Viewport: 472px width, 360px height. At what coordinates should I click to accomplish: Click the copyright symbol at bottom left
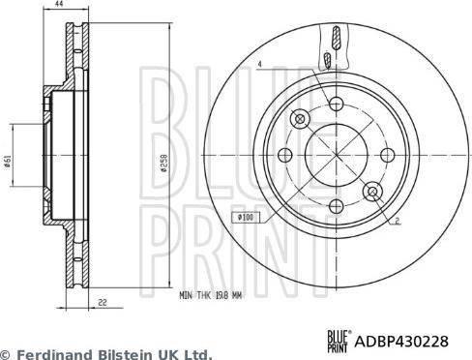pyautogui.click(x=7, y=354)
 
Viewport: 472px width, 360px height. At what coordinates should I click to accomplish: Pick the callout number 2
pyautogui.click(x=397, y=221)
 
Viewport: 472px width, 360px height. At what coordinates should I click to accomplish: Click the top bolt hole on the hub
pyautogui.click(x=335, y=105)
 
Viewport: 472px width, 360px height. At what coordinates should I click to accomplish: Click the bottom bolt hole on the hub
pyautogui.click(x=335, y=205)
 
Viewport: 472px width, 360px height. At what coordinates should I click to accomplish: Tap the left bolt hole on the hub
pyautogui.click(x=284, y=155)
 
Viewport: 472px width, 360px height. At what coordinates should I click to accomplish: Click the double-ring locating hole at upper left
pyautogui.click(x=300, y=119)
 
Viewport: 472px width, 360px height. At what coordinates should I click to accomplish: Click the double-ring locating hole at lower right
pyautogui.click(x=370, y=191)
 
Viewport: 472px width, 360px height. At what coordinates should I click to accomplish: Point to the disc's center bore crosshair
pyautogui.click(x=335, y=155)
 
